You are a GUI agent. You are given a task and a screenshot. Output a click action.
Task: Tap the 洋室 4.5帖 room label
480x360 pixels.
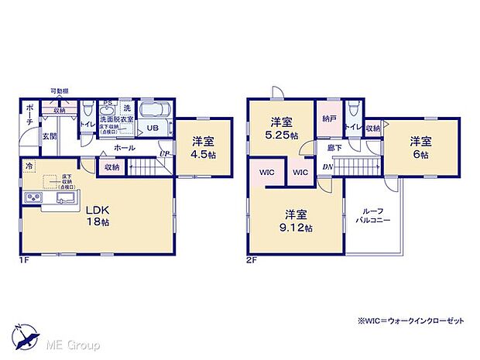204,147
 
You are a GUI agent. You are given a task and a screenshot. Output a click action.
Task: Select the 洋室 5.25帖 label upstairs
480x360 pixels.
281,128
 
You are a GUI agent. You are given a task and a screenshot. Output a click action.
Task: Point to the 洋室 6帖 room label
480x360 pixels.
420,147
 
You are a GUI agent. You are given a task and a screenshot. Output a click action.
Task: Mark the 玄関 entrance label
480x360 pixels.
48,136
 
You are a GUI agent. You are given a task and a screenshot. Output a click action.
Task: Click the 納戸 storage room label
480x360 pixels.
329,118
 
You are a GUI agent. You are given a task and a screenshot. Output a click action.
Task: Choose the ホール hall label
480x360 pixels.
125,148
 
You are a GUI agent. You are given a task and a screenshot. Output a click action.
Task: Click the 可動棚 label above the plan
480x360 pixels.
59,91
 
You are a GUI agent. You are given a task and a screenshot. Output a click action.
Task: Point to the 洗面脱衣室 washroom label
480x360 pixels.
113,120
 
